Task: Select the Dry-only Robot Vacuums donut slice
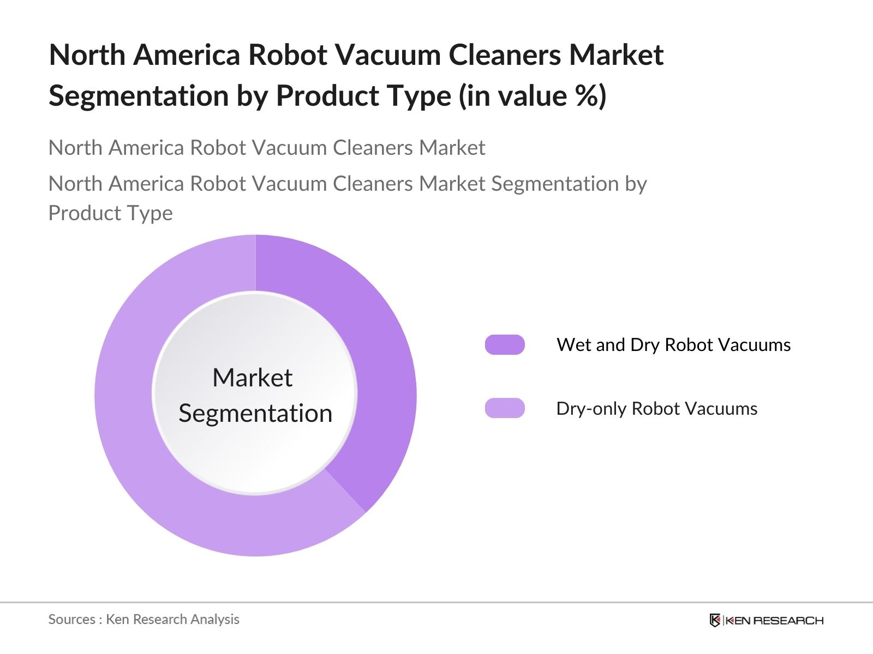coord(159,476)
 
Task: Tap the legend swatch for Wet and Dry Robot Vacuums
coord(505,344)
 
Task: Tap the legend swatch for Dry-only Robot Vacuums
coord(505,408)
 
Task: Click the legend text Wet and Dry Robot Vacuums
coord(673,344)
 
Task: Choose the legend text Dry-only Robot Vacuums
coord(656,409)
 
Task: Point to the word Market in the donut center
coord(253,377)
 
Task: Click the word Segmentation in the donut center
coord(255,413)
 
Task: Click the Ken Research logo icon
coord(715,620)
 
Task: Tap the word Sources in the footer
coord(72,620)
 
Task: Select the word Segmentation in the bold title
coord(139,96)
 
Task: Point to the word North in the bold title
coord(87,55)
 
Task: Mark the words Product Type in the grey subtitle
coord(111,213)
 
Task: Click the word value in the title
coord(533,96)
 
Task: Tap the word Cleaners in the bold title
coord(505,55)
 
